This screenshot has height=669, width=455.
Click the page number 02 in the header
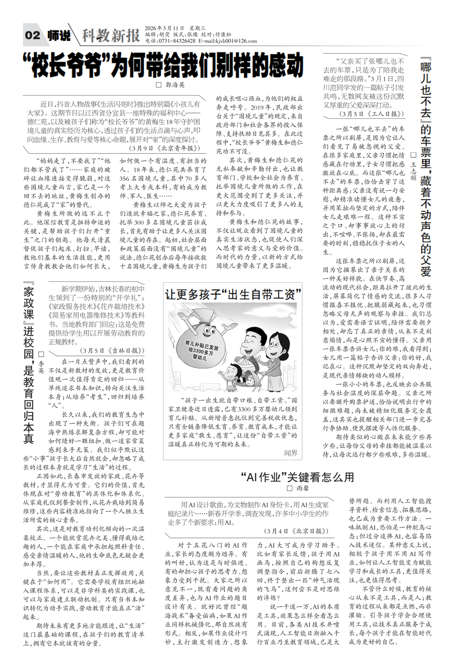pyautogui.click(x=33, y=35)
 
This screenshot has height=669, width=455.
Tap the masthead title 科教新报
pyautogui.click(x=110, y=36)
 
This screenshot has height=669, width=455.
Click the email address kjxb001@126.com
pyautogui.click(x=236, y=41)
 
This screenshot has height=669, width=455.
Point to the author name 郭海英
pyautogui.click(x=174, y=85)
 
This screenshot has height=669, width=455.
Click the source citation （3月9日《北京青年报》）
pyautogui.click(x=164, y=148)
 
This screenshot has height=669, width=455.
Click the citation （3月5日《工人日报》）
pyautogui.click(x=371, y=114)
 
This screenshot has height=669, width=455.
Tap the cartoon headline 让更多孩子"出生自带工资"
pyautogui.click(x=233, y=294)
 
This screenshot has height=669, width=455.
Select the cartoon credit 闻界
pyautogui.click(x=291, y=453)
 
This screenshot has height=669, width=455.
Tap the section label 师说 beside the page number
pyautogui.click(x=59, y=36)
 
